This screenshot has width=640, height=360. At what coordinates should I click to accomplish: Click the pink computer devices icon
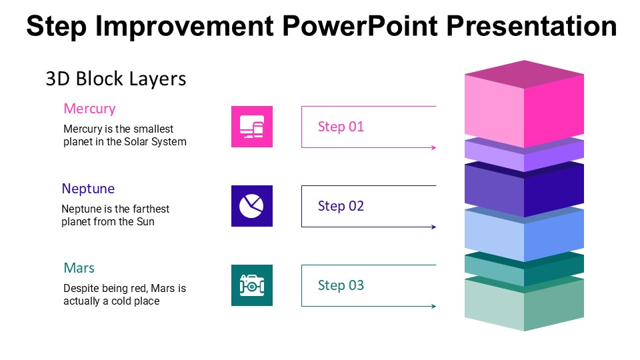[252, 127]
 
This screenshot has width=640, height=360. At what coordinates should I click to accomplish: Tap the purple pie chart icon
[252, 206]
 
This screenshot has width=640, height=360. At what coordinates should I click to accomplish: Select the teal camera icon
[252, 285]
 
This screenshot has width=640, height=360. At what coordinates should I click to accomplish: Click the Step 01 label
[341, 127]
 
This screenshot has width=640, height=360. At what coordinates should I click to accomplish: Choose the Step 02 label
[341, 206]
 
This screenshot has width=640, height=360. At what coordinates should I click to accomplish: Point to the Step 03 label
[341, 285]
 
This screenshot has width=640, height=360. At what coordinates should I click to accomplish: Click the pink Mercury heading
[89, 109]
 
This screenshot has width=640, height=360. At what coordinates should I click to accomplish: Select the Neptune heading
[88, 189]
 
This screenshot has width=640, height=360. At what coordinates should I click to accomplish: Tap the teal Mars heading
[79, 268]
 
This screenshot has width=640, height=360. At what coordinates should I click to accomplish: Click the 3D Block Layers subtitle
[116, 79]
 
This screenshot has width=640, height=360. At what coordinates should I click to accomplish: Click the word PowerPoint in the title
[360, 26]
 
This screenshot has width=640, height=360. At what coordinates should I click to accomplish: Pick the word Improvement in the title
[184, 26]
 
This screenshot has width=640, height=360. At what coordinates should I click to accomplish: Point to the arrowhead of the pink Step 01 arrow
[434, 147]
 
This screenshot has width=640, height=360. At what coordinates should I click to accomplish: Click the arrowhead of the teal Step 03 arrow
[434, 306]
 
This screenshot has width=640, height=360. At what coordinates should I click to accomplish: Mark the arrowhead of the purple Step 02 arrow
[434, 227]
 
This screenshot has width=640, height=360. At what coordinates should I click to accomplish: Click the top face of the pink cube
[524, 74]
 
